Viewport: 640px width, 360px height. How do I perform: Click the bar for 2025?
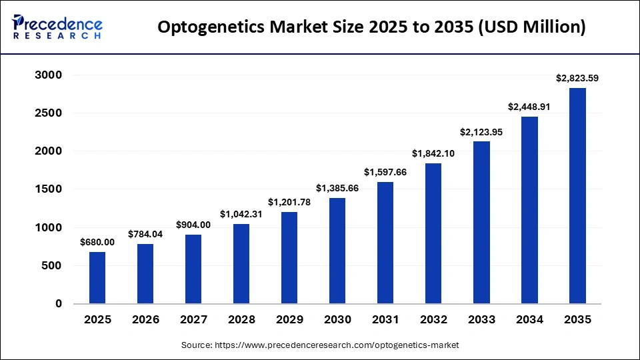(x=97, y=277)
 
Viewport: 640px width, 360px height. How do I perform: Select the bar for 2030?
(x=337, y=251)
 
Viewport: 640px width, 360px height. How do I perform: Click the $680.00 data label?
(x=97, y=243)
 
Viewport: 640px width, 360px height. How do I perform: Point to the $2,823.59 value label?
(x=577, y=79)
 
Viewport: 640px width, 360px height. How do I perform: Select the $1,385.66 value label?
(x=337, y=189)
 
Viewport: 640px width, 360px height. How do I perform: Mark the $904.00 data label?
(x=193, y=225)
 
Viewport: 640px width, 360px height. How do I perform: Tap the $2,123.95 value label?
(x=481, y=132)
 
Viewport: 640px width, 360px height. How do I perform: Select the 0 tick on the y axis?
(x=58, y=304)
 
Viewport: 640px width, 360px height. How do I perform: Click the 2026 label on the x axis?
(x=145, y=320)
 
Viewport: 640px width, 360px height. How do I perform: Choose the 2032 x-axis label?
(x=433, y=320)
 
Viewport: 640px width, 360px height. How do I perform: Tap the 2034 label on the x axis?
(x=529, y=320)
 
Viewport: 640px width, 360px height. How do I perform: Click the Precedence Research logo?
(x=57, y=27)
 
